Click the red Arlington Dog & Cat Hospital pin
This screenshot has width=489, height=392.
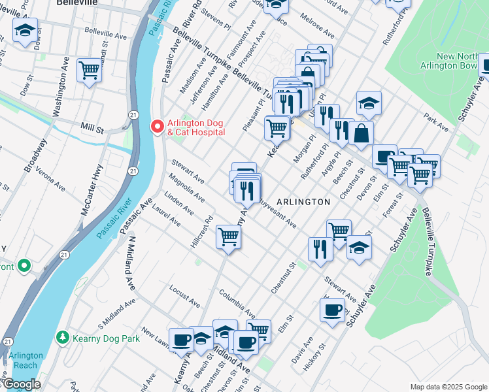pos(157,125)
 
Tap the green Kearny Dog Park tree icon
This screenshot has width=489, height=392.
pos(63,338)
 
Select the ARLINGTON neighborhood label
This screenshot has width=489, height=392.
pos(303,202)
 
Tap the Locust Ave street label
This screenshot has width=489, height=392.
pos(184,296)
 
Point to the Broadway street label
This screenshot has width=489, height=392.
pos(35,155)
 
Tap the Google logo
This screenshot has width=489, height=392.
pos(21,384)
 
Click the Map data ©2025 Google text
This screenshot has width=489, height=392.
pos(448,387)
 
